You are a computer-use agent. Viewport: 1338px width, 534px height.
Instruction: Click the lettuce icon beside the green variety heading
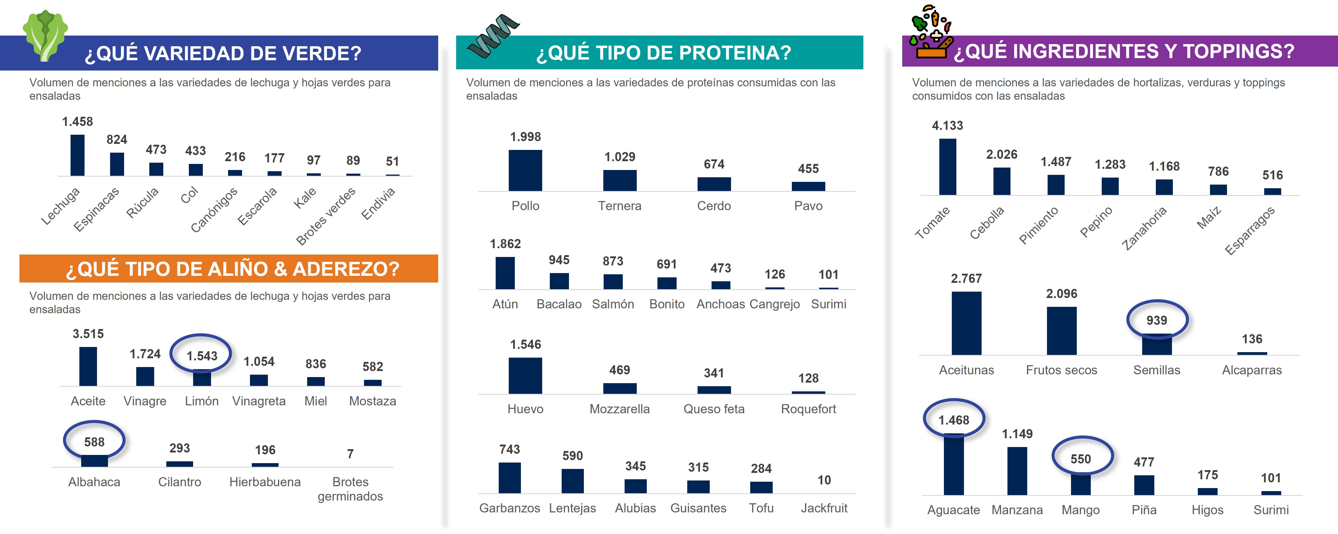click(45, 35)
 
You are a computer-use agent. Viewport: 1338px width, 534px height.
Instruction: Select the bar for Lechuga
click(78, 155)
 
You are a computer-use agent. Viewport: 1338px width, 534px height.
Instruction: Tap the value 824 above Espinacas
click(116, 140)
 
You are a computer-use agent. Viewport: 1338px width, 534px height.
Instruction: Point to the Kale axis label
click(305, 198)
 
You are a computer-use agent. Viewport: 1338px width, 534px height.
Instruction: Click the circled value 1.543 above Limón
click(202, 356)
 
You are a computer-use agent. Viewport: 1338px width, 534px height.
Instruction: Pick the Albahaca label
click(94, 482)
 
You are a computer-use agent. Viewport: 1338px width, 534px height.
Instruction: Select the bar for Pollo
click(525, 170)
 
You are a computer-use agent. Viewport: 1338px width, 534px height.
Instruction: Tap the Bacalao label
click(559, 304)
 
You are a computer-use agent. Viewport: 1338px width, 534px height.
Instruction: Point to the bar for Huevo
click(525, 376)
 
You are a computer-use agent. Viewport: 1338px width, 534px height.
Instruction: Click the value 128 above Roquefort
click(808, 378)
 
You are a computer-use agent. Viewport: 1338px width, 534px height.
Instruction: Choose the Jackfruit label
click(824, 508)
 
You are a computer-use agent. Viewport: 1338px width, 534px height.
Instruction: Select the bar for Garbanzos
click(510, 478)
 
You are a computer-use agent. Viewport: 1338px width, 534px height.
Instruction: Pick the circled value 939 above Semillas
click(1157, 321)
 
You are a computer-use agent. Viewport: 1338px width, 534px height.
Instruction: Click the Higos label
click(1208, 510)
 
